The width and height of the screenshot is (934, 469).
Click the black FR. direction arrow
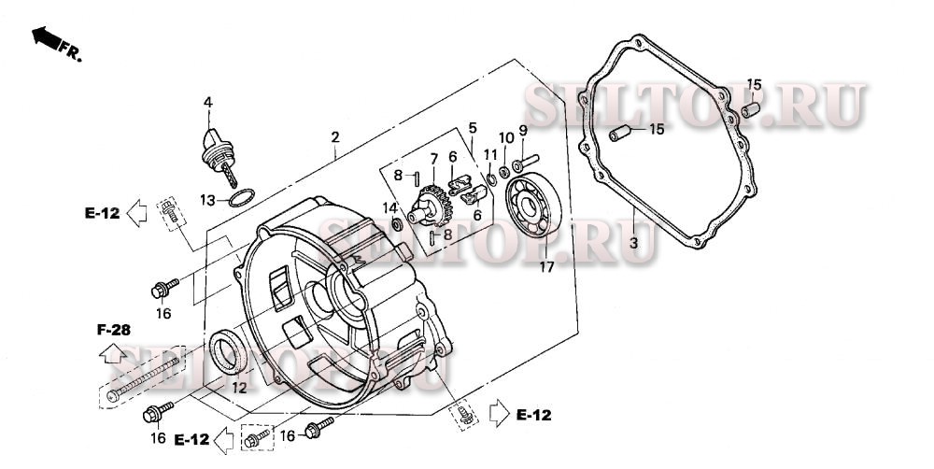click(47, 37)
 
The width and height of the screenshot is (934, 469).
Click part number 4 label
click(208, 103)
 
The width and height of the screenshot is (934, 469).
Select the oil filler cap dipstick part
click(218, 156)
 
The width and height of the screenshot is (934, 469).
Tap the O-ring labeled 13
click(242, 197)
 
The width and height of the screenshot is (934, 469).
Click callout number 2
click(335, 137)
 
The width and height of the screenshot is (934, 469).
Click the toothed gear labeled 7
click(432, 206)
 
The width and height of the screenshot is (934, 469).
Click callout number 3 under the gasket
click(634, 243)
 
